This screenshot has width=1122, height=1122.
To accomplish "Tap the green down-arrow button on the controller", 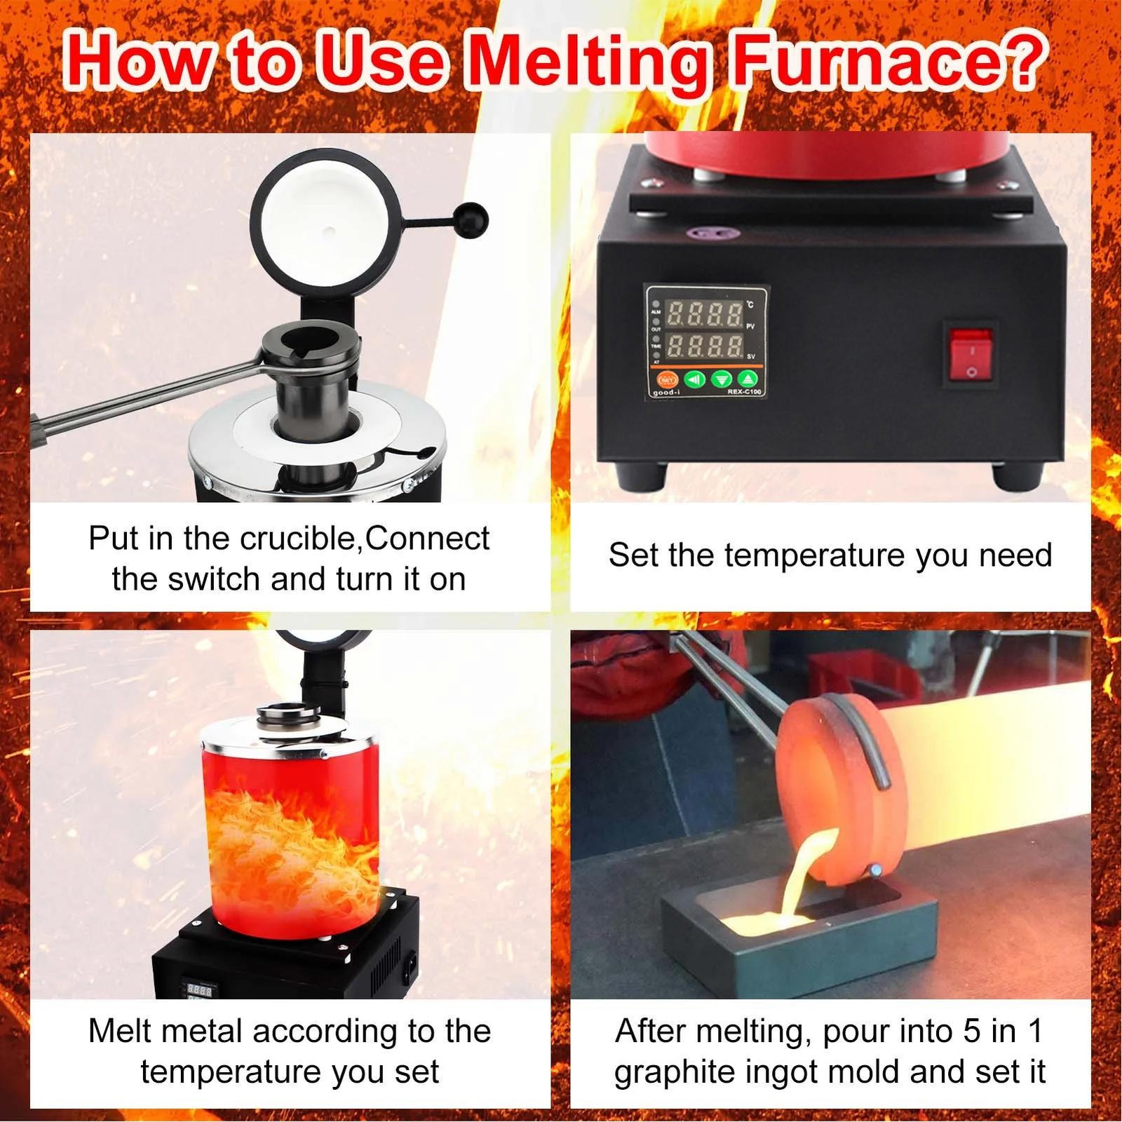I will coord(721,379).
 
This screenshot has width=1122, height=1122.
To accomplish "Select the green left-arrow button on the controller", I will coord(694,379).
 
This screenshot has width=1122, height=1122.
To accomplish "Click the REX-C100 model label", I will coord(743,392).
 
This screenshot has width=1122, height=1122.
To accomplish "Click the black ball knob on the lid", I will coord(471,219).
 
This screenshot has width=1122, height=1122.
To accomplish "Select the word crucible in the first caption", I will coord(299,539).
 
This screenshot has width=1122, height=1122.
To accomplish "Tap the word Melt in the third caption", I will coord(116,1031).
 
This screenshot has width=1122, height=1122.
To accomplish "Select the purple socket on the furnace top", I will coord(702,233).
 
